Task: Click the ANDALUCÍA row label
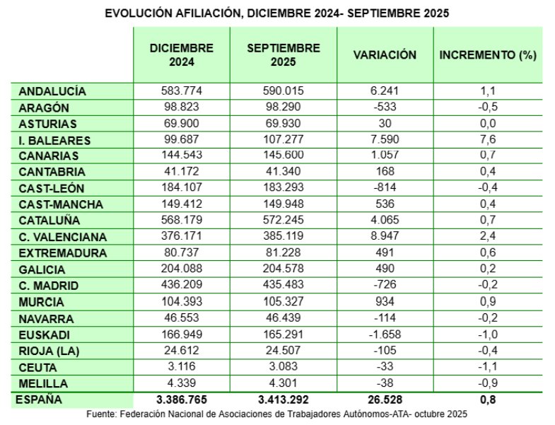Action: tap(52, 91)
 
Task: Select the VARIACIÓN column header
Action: tap(385, 55)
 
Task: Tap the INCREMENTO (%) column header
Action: tap(488, 55)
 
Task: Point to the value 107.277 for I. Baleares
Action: tap(284, 140)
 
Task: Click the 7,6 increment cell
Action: tap(488, 140)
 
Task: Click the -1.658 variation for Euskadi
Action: tap(385, 335)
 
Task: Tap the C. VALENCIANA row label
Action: tap(63, 237)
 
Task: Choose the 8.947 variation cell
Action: tap(385, 237)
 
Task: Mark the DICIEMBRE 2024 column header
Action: tap(181, 55)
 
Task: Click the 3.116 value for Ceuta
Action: tap(181, 367)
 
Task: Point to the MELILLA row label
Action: tap(44, 384)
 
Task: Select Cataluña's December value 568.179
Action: tap(181, 221)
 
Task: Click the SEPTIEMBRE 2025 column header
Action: tap(284, 55)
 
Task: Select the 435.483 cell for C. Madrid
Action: tap(284, 286)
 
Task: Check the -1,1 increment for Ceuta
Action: tap(488, 367)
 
